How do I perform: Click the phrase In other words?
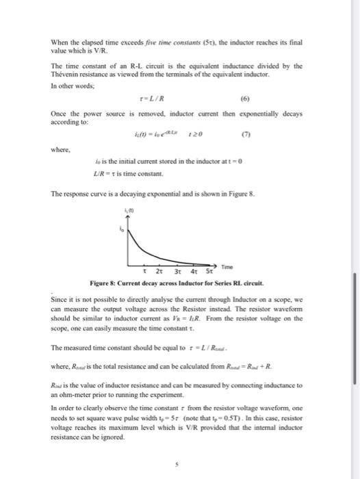[x=71, y=84]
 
